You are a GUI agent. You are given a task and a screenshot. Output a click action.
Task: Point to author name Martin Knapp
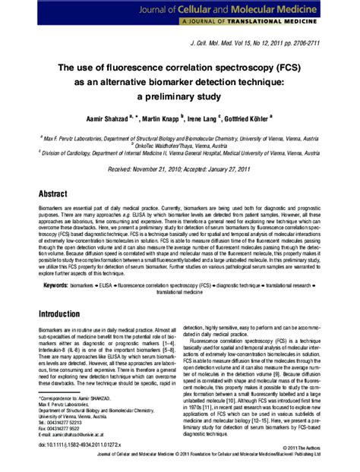pos(159,118)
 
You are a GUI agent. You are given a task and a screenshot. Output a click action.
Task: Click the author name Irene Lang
pos(201,118)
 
